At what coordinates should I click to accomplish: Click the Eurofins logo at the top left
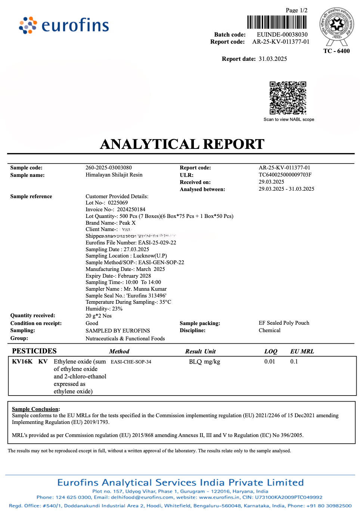pos(64,25)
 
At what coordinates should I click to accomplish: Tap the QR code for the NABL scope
pos(288,98)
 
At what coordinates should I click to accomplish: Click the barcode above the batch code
pos(277,22)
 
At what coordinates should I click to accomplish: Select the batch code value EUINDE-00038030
pos(282,35)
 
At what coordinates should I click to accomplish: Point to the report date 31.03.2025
pos(273,59)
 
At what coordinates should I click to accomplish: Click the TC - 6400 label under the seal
pos(336,51)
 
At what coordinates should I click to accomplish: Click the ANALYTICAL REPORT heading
pos(182,144)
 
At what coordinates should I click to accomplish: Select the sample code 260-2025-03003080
pos(108,168)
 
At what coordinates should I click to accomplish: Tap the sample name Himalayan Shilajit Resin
pos(114,175)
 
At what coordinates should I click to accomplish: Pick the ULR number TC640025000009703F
pos(285,175)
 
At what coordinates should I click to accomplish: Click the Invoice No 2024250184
pos(131,209)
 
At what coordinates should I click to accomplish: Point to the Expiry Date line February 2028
pos(118,276)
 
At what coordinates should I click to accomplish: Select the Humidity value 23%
pos(117,309)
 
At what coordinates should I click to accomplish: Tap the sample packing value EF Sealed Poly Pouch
pos(284,323)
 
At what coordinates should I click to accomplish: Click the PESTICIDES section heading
pos(34,351)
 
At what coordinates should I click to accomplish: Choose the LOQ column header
pos(270,352)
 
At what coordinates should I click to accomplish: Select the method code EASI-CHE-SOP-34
pos(131,362)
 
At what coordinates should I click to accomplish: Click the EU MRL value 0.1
pos(294,362)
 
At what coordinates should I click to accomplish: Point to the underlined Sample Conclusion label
pos(35,409)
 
